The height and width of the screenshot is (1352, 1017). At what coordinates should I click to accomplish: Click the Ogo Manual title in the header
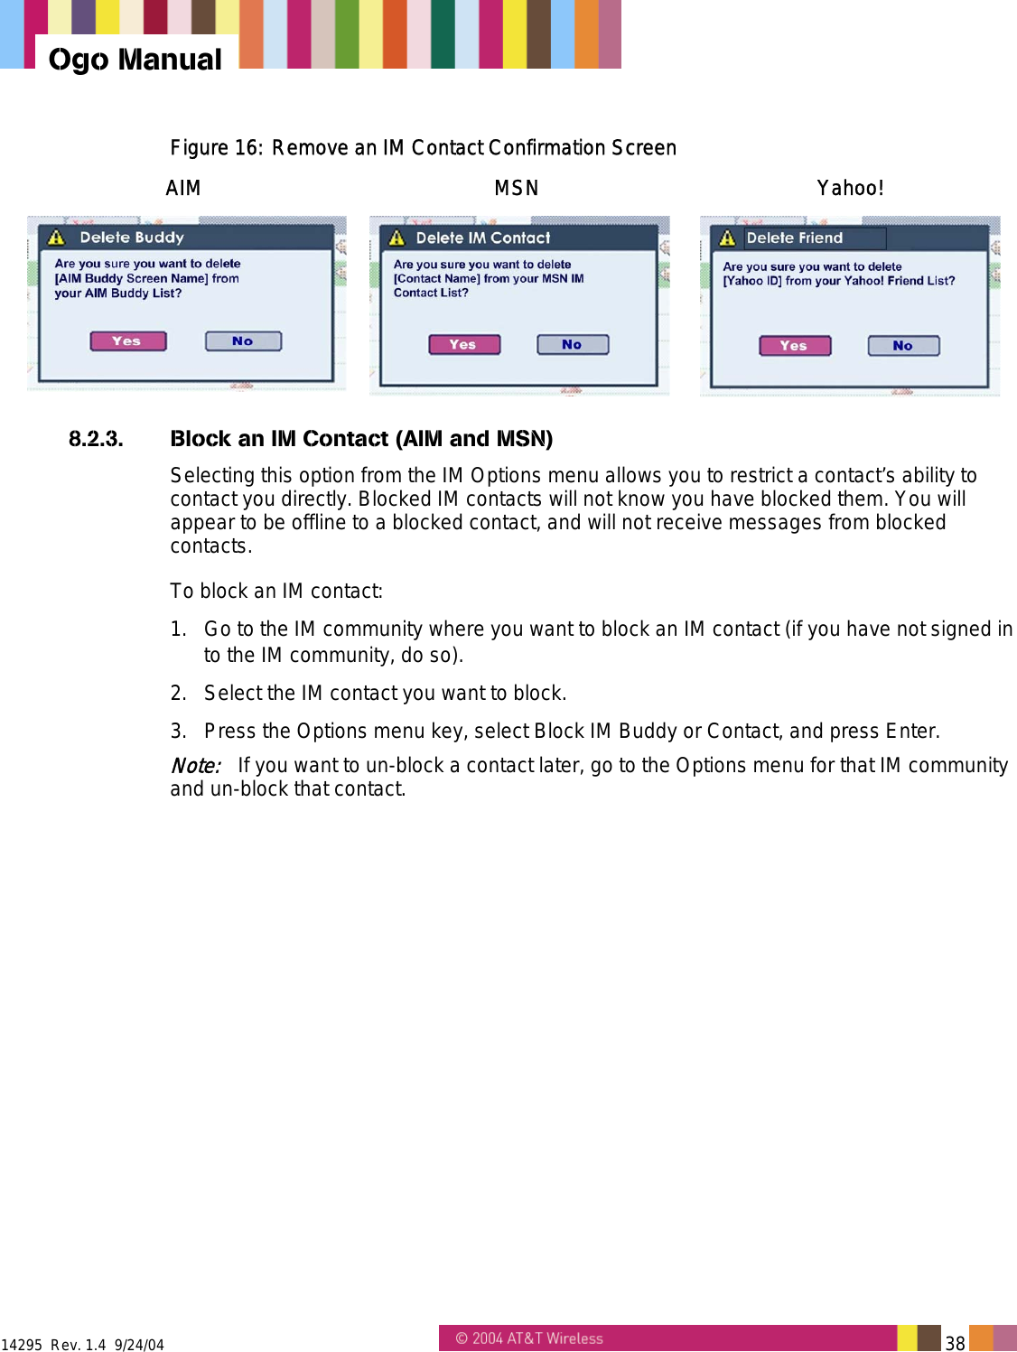click(x=135, y=60)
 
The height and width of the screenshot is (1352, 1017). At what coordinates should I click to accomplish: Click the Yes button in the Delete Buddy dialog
click(x=127, y=341)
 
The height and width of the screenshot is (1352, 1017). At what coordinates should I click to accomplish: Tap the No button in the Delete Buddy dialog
click(x=243, y=341)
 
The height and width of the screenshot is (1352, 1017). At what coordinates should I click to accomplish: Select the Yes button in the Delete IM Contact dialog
click(x=463, y=345)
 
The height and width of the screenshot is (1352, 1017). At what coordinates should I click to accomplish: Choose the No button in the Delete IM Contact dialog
click(x=573, y=345)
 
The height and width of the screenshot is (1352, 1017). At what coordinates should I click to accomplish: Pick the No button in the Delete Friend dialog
click(x=903, y=346)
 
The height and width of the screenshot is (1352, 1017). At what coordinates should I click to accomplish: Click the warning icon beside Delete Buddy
click(x=57, y=238)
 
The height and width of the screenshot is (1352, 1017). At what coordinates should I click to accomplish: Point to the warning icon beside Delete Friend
click(x=727, y=238)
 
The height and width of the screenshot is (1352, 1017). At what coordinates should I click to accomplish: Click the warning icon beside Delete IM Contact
click(x=397, y=238)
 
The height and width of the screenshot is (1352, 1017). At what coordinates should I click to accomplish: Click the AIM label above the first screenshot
click(x=183, y=188)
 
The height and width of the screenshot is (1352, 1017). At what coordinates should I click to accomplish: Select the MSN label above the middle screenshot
click(x=516, y=188)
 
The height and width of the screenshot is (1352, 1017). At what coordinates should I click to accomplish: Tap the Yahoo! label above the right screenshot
click(x=850, y=188)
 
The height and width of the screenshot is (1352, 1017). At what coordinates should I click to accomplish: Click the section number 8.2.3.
click(x=96, y=439)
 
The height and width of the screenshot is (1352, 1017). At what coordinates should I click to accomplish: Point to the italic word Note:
click(x=195, y=766)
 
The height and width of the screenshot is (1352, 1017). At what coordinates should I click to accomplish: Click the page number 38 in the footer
click(x=955, y=1343)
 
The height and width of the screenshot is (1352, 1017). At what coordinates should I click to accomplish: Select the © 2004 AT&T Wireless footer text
click(x=529, y=1338)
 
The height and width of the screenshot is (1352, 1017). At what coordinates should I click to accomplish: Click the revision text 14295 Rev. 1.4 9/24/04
click(x=82, y=1345)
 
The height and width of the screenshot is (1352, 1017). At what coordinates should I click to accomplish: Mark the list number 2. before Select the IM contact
click(x=178, y=694)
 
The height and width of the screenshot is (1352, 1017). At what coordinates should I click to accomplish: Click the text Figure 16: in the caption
click(x=216, y=148)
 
